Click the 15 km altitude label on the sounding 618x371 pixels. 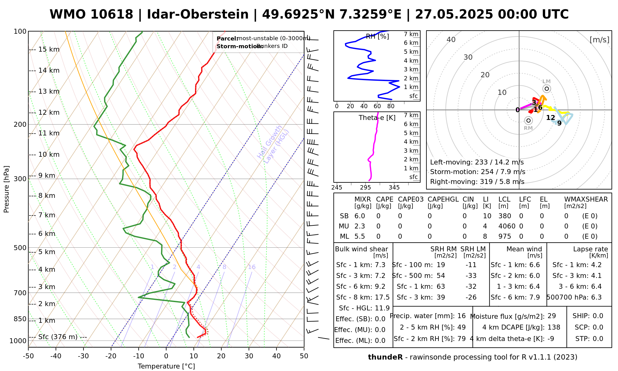point(49,49)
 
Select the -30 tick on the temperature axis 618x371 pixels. point(83,356)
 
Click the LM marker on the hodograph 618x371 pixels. point(547,89)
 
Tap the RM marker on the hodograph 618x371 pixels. point(528,121)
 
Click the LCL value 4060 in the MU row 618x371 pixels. point(507,226)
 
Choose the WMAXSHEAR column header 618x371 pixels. point(586,199)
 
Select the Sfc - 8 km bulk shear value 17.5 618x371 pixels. point(382,297)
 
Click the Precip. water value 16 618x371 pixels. point(461,316)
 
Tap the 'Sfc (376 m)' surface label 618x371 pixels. point(58,337)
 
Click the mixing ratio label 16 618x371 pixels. point(252,267)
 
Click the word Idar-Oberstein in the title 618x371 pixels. point(198,15)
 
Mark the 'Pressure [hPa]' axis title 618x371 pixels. point(6,189)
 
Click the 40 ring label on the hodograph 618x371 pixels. point(451,40)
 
